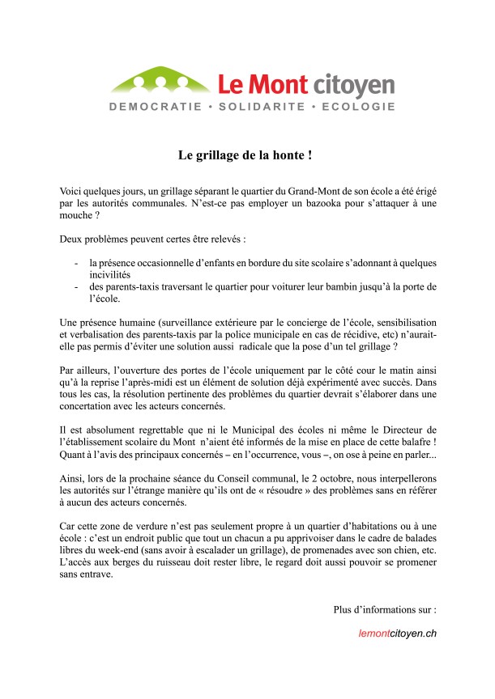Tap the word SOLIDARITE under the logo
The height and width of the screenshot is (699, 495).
(x=258, y=107)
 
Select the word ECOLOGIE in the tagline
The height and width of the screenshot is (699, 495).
(x=358, y=107)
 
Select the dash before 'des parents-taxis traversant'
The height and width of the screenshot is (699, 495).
(x=76, y=287)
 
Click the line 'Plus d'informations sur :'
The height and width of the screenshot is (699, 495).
(x=385, y=608)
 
